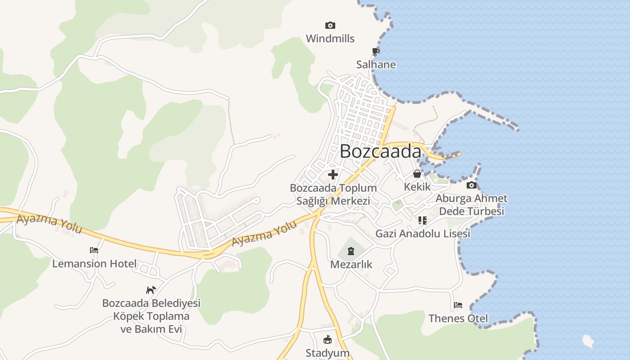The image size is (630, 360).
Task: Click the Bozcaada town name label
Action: pos(380,151)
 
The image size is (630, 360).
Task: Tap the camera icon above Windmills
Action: pos(330,26)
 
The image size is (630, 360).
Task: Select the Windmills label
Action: pos(330,39)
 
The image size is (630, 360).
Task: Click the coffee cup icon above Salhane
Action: pos(376,51)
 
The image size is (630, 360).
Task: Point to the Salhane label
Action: pos(376,64)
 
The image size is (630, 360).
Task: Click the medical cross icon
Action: pos(333,175)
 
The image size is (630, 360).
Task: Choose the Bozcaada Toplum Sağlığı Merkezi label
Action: pos(333,194)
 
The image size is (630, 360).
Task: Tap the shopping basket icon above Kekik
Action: pos(417,174)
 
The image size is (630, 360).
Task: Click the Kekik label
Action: pos(417,187)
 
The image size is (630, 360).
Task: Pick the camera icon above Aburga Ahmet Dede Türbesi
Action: pos(471,185)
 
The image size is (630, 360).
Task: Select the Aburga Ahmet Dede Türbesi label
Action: pos(471,205)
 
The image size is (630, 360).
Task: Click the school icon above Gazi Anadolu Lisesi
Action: pos(422,220)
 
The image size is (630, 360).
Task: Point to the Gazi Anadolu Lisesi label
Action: pos(423,234)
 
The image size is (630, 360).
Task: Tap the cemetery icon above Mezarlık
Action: pos(351,251)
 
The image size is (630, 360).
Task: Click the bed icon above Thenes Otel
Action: pos(458,305)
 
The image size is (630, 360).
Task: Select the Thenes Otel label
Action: pos(458,319)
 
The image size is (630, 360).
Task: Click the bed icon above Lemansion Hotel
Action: pos(94,250)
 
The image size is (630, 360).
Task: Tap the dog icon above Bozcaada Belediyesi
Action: pos(151,290)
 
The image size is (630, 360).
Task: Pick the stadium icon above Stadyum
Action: pos(327,339)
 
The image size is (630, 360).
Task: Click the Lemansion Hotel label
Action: pos(94,264)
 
